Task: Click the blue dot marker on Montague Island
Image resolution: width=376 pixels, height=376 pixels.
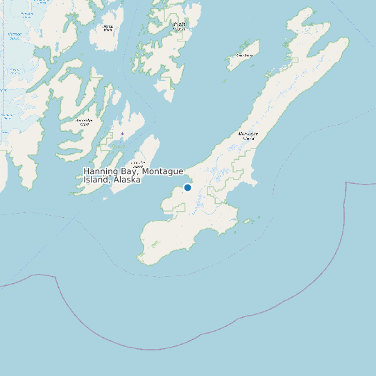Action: point(187,187)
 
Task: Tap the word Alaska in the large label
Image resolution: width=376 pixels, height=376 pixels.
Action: point(128,180)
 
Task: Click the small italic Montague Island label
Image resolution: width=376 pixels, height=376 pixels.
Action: point(248,135)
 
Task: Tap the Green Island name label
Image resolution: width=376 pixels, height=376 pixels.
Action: point(244,54)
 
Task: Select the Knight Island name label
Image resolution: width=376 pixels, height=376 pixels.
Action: point(179,26)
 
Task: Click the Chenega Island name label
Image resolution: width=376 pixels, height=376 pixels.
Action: point(107,28)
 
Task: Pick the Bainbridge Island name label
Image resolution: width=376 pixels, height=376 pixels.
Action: point(84,123)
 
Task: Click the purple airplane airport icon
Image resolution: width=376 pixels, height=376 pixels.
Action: point(122,134)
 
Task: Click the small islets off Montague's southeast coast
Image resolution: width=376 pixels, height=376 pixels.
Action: point(248,222)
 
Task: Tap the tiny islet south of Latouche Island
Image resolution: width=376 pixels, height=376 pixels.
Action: point(105,199)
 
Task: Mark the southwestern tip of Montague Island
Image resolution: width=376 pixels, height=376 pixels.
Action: point(141,261)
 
